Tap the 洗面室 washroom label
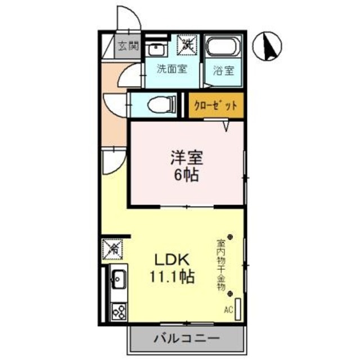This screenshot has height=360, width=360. point(172,70)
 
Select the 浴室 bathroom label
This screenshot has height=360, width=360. point(223,71)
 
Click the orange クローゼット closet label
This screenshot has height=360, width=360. point(216,105)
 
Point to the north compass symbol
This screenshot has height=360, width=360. point(267,47)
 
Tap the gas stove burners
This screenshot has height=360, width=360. point(119,310)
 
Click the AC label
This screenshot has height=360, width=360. point(228,309)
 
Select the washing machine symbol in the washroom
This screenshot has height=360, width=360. point(187,45)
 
